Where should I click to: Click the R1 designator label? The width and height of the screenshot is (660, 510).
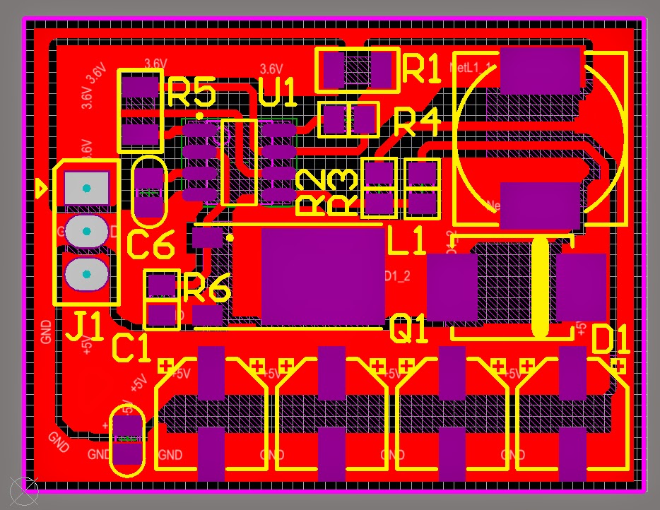point(422,69)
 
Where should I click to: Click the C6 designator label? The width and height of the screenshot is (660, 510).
point(151,245)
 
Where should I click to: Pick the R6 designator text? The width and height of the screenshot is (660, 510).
point(207,288)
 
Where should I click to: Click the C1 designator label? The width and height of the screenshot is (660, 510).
point(131,348)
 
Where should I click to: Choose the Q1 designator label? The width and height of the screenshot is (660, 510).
point(409,329)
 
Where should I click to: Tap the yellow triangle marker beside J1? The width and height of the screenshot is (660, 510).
point(42,189)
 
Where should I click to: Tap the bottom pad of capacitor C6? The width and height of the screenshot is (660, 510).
point(149,206)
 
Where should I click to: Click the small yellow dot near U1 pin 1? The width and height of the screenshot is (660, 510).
point(200,115)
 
